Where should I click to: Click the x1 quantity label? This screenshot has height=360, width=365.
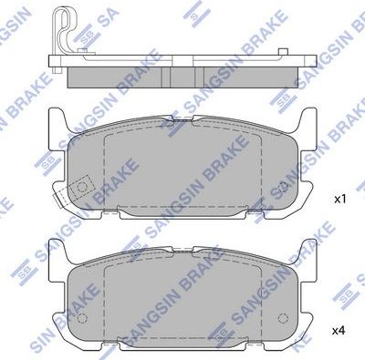tap(339, 197)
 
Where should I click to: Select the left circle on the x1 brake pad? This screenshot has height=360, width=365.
tap(83, 190)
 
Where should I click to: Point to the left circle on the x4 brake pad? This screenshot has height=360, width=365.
tap(81, 320)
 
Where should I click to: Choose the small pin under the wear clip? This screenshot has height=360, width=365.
tap(57, 63)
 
